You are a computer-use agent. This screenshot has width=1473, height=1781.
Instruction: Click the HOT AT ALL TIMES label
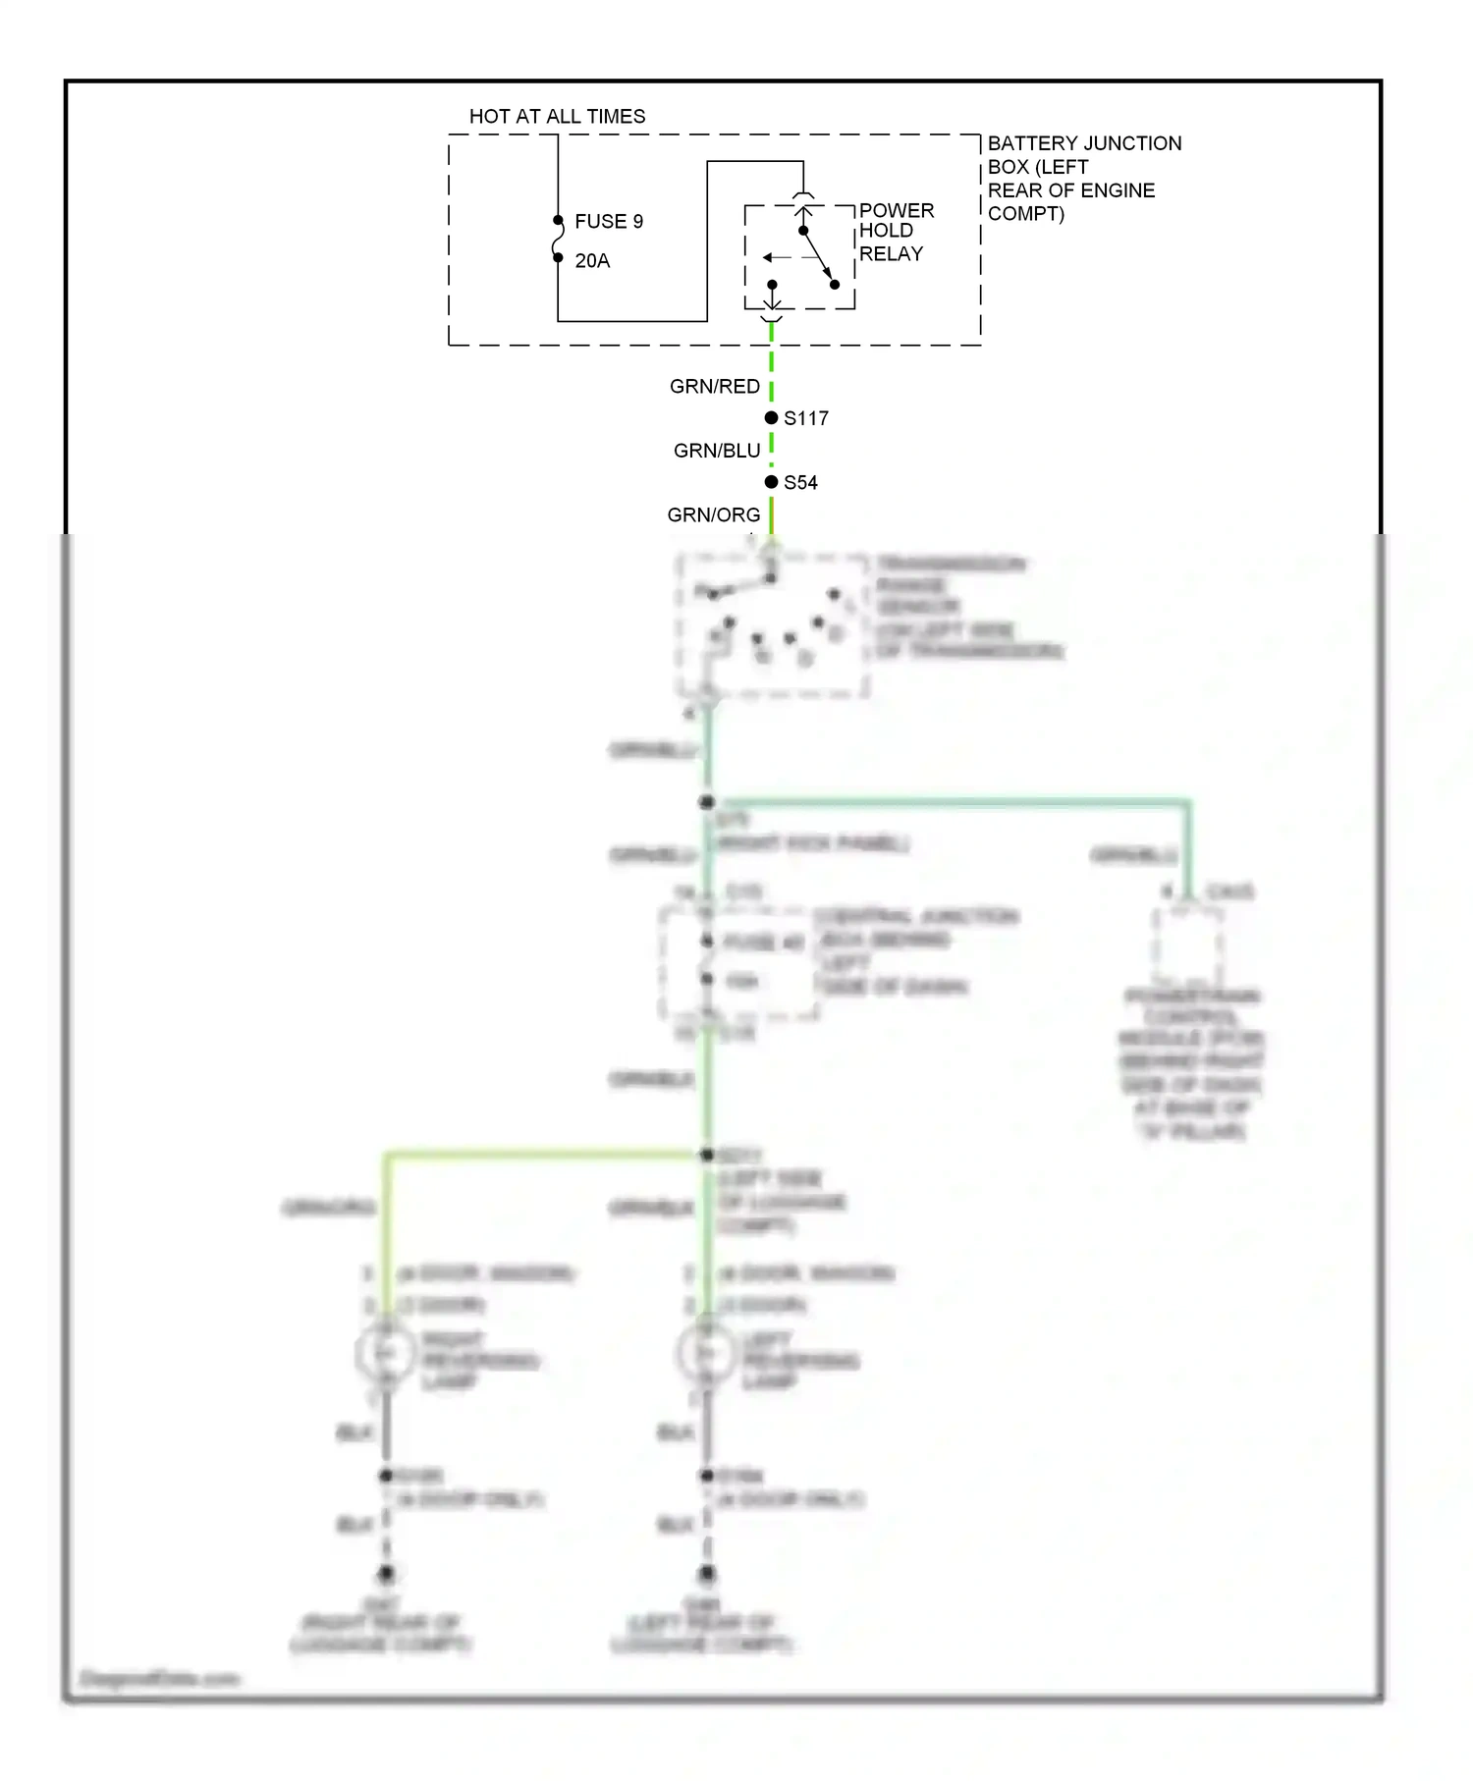pos(557,116)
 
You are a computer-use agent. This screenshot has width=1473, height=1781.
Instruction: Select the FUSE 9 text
pos(609,222)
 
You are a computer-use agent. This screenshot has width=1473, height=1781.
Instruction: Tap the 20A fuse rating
pos(592,261)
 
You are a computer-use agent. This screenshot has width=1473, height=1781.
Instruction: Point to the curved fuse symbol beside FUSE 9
pos(558,240)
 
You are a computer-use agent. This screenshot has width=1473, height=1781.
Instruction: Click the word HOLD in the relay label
pos(886,231)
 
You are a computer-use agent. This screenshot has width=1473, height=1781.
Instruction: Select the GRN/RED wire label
pos(714,387)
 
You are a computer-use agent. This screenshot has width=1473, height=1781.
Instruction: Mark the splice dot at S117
pos(771,418)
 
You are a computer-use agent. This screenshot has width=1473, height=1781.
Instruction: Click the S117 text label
pos(806,419)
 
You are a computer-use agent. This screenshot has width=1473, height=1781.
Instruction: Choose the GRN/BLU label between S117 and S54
pos(717,451)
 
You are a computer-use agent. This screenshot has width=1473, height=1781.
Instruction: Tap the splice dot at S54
pos(771,482)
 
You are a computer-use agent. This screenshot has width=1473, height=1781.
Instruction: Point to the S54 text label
pos(800,483)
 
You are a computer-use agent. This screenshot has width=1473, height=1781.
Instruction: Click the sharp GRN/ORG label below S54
pos(713,515)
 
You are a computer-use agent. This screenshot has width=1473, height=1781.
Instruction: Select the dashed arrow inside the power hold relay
pos(777,257)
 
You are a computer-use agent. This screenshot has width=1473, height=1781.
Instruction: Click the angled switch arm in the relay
pos(818,257)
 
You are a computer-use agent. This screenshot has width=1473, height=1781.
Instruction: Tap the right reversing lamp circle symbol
pos(385,1354)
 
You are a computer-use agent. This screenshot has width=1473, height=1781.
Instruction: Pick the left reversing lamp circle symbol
pos(705,1354)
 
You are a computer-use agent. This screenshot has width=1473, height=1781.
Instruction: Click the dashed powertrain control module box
pos(1187,945)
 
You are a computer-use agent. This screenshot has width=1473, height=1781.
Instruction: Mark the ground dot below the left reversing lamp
pos(706,1574)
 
